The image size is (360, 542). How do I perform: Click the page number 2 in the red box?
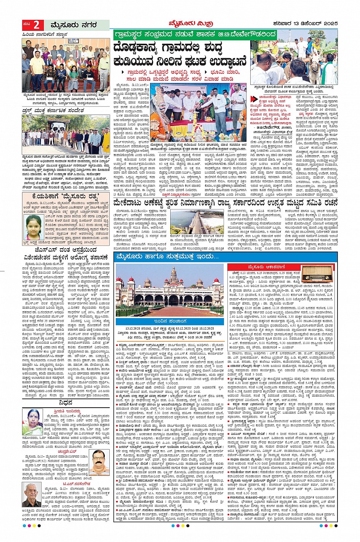tap(36, 25)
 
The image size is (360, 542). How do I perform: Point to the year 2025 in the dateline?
tap(328, 24)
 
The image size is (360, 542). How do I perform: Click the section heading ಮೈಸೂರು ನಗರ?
tap(74, 25)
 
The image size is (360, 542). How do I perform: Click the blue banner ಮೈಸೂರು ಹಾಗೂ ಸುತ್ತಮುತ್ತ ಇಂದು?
tap(168, 257)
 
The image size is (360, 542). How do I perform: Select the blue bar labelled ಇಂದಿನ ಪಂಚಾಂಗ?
tap(170, 321)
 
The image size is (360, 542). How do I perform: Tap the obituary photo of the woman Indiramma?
tap(33, 422)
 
